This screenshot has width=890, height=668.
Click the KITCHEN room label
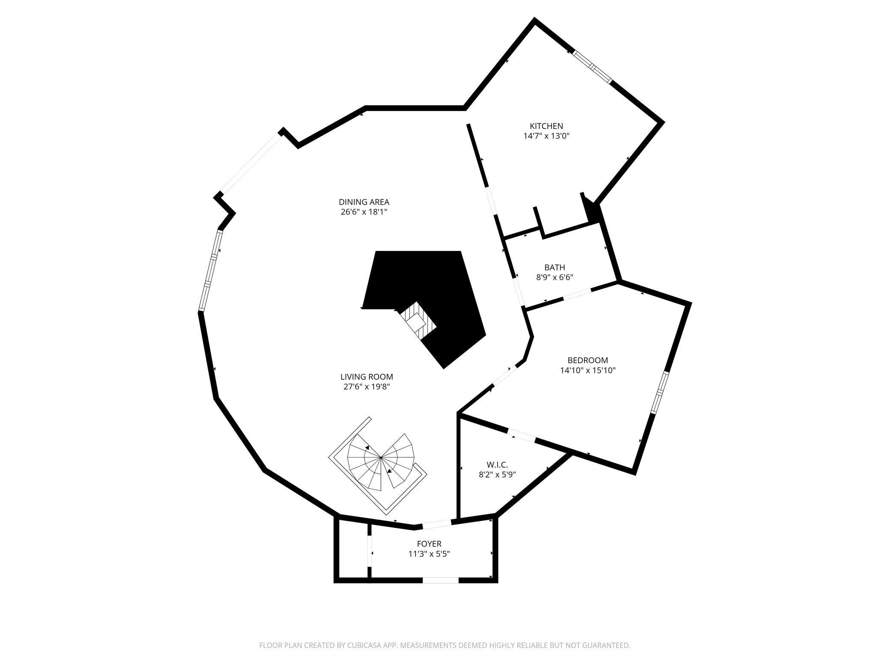(546, 126)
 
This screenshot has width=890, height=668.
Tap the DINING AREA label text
(364, 202)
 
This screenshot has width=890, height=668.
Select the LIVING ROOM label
(367, 377)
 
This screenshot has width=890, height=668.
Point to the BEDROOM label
(587, 360)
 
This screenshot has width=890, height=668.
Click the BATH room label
(555, 268)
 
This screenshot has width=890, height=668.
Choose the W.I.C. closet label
(497, 465)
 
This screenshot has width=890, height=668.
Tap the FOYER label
(429, 544)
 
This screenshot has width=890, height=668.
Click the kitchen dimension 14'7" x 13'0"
(546, 136)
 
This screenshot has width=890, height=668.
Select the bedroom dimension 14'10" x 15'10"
(587, 370)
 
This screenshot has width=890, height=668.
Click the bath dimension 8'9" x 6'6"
(555, 277)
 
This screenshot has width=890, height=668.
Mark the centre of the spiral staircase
(380, 458)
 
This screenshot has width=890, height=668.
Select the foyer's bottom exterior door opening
(441, 580)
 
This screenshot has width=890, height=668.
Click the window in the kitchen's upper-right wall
(592, 66)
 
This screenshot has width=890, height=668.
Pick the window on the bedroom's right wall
(660, 392)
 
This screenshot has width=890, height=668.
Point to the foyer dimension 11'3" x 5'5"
(429, 554)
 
